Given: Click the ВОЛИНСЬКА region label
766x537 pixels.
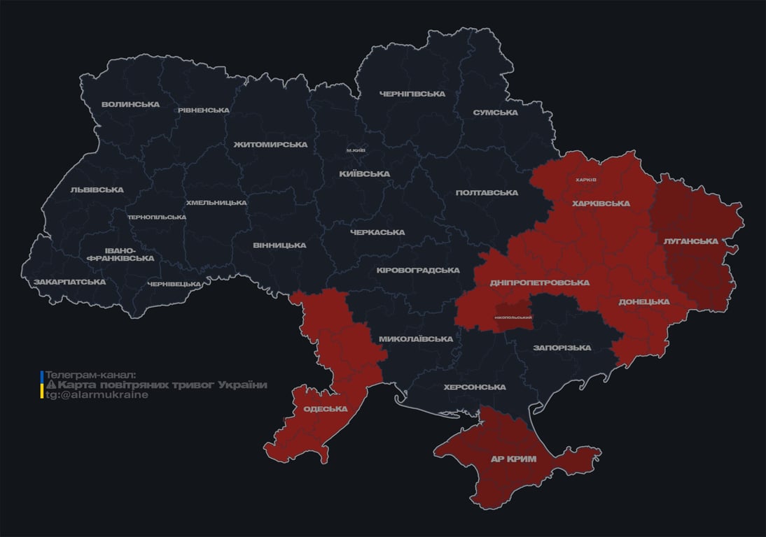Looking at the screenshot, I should pyautogui.click(x=130, y=105).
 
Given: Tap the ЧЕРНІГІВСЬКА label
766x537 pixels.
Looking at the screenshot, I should pyautogui.click(x=412, y=94).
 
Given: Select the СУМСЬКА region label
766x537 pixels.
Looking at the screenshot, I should pyautogui.click(x=495, y=113).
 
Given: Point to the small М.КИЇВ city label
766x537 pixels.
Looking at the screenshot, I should pyautogui.click(x=356, y=150).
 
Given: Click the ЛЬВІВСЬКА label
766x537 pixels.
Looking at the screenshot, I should pyautogui.click(x=97, y=189).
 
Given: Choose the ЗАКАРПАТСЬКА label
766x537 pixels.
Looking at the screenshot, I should pyautogui.click(x=70, y=282).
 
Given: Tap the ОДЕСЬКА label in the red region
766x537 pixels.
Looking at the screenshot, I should pyautogui.click(x=325, y=409).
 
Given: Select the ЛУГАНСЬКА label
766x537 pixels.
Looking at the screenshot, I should pyautogui.click(x=690, y=241).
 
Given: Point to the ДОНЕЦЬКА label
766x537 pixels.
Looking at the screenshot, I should pyautogui.click(x=643, y=301).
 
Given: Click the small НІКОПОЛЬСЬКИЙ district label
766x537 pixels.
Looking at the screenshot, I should pyautogui.click(x=513, y=317).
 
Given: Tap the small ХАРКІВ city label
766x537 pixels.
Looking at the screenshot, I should pyautogui.click(x=585, y=180).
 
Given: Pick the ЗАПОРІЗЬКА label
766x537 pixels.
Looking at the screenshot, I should pyautogui.click(x=562, y=348).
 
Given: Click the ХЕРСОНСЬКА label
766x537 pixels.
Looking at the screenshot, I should pyautogui.click(x=474, y=387).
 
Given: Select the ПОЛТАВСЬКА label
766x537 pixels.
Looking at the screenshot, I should pyautogui.click(x=487, y=192).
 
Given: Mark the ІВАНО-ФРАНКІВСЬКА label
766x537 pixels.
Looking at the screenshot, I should pyautogui.click(x=120, y=254).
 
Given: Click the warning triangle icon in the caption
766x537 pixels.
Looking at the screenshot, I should pyautogui.click(x=50, y=385).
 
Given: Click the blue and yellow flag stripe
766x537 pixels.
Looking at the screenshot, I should pyautogui.click(x=42, y=385).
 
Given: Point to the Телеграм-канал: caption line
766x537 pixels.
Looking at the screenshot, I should pyautogui.click(x=90, y=375).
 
